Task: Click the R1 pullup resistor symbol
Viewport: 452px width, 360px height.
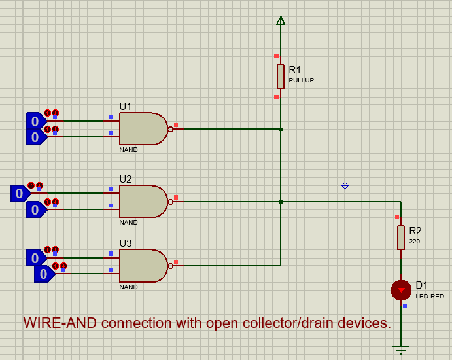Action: pyautogui.click(x=281, y=76)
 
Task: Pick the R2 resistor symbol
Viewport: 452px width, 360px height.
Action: pyautogui.click(x=401, y=237)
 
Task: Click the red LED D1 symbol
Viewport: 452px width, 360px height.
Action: pyautogui.click(x=401, y=289)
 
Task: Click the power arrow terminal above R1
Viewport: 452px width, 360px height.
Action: pyautogui.click(x=281, y=21)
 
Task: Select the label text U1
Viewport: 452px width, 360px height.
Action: pyautogui.click(x=125, y=106)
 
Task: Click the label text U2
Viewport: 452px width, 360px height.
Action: pyautogui.click(x=125, y=179)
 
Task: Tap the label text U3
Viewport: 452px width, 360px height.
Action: pyautogui.click(x=125, y=243)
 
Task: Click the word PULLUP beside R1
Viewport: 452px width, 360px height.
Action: pyautogui.click(x=302, y=80)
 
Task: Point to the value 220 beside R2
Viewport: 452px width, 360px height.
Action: pyautogui.click(x=415, y=241)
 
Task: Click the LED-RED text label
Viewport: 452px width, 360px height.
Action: pyautogui.click(x=430, y=296)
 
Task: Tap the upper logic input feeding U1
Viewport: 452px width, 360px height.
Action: pyautogui.click(x=35, y=121)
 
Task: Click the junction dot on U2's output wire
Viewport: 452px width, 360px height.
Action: pyautogui.click(x=281, y=202)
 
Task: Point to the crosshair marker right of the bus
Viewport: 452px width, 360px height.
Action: pyautogui.click(x=345, y=185)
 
